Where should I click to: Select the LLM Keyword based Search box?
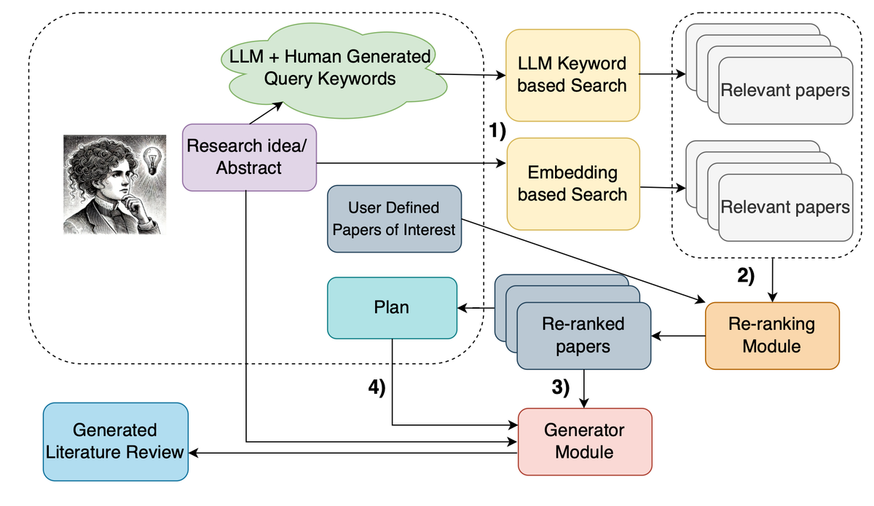point(572,74)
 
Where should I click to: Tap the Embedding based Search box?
point(572,183)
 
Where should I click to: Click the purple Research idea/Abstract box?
point(248,157)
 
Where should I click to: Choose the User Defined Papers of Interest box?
point(394,218)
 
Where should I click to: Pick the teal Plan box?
point(391,307)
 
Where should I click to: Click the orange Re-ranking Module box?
point(771,334)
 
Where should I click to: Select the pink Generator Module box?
point(584,440)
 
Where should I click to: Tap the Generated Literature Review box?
point(115,441)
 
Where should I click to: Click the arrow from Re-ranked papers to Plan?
point(475,309)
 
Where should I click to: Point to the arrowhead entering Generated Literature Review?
point(193,453)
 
